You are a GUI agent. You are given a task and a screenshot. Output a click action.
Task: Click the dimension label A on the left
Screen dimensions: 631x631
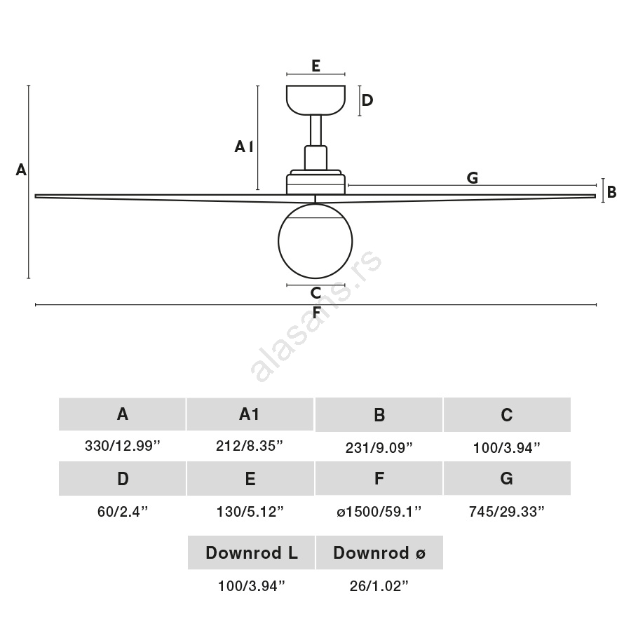click(x=21, y=170)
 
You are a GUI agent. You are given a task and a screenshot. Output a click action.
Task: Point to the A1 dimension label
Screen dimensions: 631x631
click(x=243, y=147)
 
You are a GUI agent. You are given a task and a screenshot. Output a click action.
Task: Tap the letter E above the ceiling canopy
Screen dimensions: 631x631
click(x=315, y=66)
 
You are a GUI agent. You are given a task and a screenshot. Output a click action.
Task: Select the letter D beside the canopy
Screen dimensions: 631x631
click(x=367, y=100)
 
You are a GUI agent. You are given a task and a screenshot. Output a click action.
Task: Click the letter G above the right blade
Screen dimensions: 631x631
click(x=472, y=177)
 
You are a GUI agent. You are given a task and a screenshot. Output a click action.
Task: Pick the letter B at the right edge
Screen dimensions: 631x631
click(x=611, y=191)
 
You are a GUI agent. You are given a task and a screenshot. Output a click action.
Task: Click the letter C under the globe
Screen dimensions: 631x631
click(x=315, y=293)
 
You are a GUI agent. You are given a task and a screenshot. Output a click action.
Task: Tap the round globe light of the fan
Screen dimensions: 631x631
click(x=315, y=240)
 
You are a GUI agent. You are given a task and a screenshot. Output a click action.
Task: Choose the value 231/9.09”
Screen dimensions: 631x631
click(x=379, y=447)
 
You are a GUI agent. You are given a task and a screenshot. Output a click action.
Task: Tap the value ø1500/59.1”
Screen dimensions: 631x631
click(x=379, y=511)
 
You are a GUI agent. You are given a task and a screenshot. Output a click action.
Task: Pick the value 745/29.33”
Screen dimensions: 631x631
click(x=507, y=511)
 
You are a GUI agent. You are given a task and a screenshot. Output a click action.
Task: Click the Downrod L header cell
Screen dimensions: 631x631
click(x=251, y=553)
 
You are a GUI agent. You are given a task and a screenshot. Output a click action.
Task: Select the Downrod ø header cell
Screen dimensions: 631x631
click(x=379, y=553)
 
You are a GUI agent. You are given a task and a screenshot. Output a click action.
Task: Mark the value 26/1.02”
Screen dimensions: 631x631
click(x=379, y=586)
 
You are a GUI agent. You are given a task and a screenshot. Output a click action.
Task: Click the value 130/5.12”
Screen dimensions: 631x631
click(x=250, y=511)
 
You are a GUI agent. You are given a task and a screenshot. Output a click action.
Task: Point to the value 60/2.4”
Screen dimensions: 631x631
click(x=122, y=511)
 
